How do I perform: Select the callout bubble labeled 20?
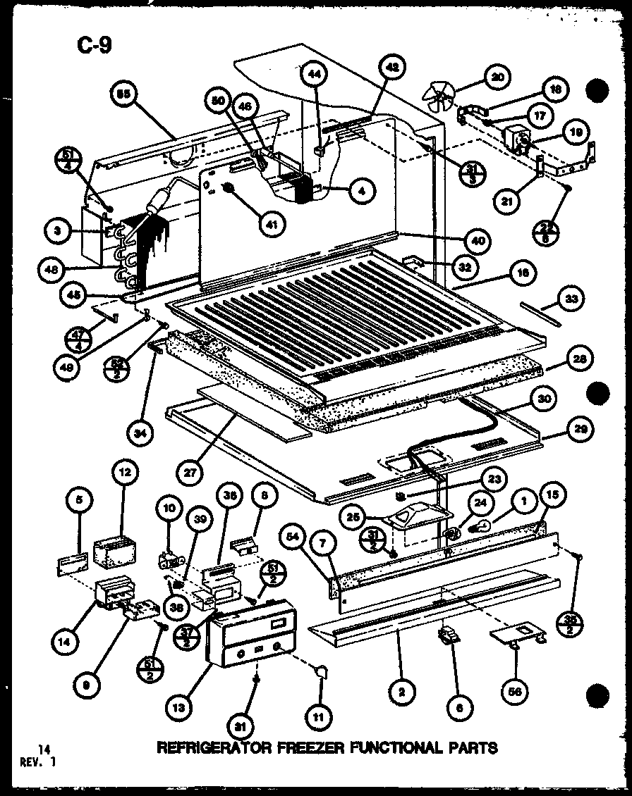coord(499,77)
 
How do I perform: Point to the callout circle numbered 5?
coord(80,501)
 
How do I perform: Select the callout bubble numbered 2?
coord(401,693)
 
